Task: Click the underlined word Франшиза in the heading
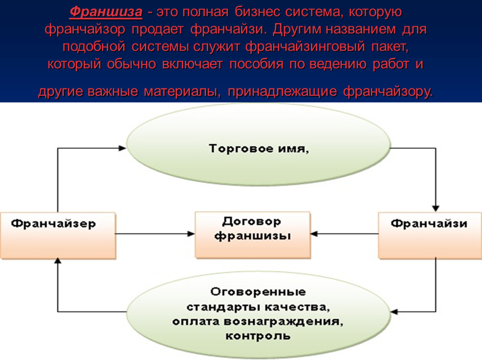[106, 12]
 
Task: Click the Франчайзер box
[58, 235]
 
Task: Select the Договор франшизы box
[253, 235]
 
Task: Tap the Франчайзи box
[430, 235]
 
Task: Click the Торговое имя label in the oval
[259, 149]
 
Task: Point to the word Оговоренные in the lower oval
[258, 292]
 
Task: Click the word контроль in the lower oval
[258, 336]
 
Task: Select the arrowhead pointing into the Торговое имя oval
[122, 148]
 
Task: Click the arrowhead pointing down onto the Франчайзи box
[435, 208]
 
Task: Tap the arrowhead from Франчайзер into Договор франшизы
[191, 234]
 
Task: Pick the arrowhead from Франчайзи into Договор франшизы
[314, 234]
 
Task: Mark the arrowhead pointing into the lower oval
[394, 312]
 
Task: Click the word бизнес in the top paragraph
[258, 12]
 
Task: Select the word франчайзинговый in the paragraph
[305, 47]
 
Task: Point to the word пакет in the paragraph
[390, 47]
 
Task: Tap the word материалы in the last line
[182, 91]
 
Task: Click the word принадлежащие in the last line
[282, 91]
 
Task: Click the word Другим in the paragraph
[296, 30]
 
